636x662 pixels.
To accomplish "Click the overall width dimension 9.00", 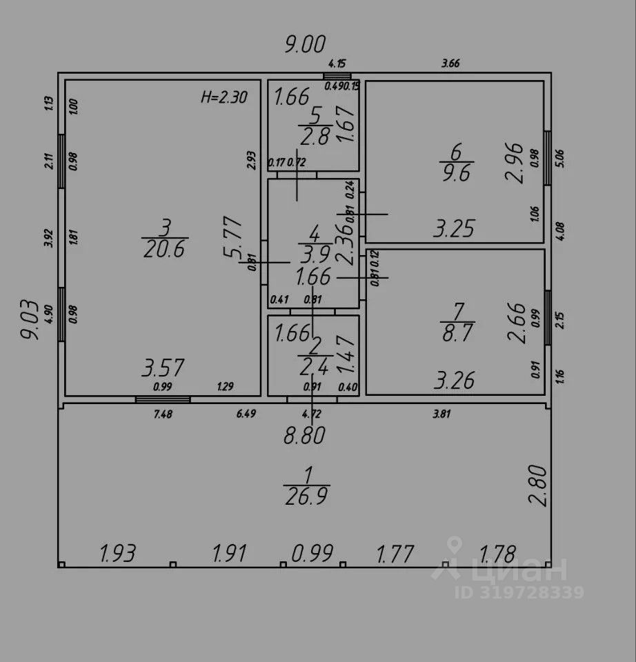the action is point(305,45).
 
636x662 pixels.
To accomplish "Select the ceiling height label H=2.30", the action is point(223,97).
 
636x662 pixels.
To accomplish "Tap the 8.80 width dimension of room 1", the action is point(304,436).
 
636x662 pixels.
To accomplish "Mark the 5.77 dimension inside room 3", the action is point(232,238).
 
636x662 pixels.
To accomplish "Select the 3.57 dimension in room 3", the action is point(163,368).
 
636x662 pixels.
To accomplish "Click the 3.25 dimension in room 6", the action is point(454,228).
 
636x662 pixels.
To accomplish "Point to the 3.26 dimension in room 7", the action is point(455,380).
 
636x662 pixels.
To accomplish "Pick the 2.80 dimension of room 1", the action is point(539,485).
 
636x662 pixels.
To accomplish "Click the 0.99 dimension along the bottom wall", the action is point(312,553).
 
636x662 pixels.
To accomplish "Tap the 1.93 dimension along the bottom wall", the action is point(117,553).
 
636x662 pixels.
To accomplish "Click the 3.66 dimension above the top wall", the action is point(450,63).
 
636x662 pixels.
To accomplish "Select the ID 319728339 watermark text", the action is point(519,592).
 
